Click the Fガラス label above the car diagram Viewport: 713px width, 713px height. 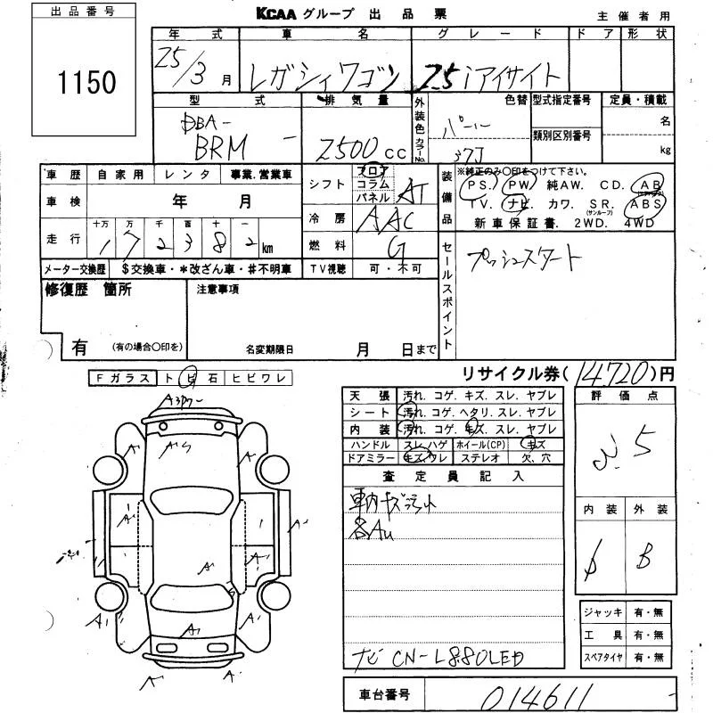[x=123, y=379]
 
